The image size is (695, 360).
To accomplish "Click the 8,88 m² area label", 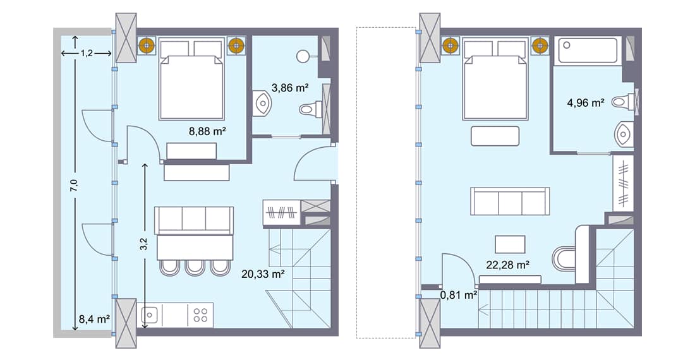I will (208, 132).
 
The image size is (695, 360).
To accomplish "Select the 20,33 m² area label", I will (263, 274).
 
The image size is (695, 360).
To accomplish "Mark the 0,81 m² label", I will (458, 294).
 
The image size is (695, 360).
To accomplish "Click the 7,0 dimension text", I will (75, 185).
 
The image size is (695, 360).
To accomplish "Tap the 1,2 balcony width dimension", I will (87, 54).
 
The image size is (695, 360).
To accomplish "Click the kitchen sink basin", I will (150, 315).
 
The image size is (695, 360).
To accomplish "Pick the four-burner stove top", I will (201, 315).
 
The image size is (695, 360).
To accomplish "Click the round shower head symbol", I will (302, 56).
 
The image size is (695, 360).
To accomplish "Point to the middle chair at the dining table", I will (194, 267).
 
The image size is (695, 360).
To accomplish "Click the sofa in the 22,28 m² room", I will (510, 201).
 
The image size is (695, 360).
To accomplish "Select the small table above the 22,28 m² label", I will (509, 244).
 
